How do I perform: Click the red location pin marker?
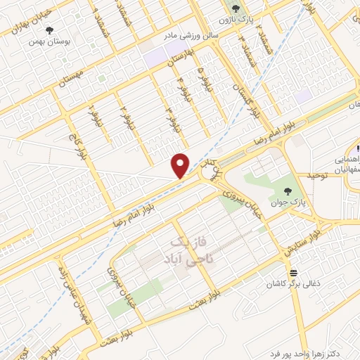point(181,165)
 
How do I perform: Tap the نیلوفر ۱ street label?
point(91,116)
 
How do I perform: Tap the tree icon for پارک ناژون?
point(236,8)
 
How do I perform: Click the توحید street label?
point(317,174)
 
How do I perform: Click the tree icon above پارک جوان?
point(288,190)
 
